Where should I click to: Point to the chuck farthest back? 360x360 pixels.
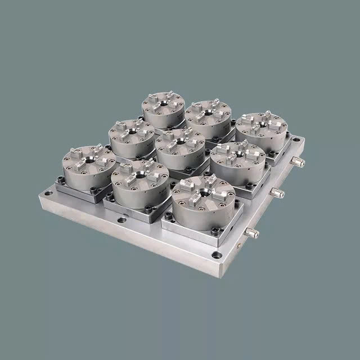tap(164, 107)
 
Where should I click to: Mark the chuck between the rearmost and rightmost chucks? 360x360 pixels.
tap(208, 116)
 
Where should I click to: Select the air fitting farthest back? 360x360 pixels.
tap(298, 162)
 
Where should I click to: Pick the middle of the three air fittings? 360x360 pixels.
tap(276, 193)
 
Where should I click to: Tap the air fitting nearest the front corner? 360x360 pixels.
tap(253, 232)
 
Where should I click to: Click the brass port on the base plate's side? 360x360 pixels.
tap(241, 246)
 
